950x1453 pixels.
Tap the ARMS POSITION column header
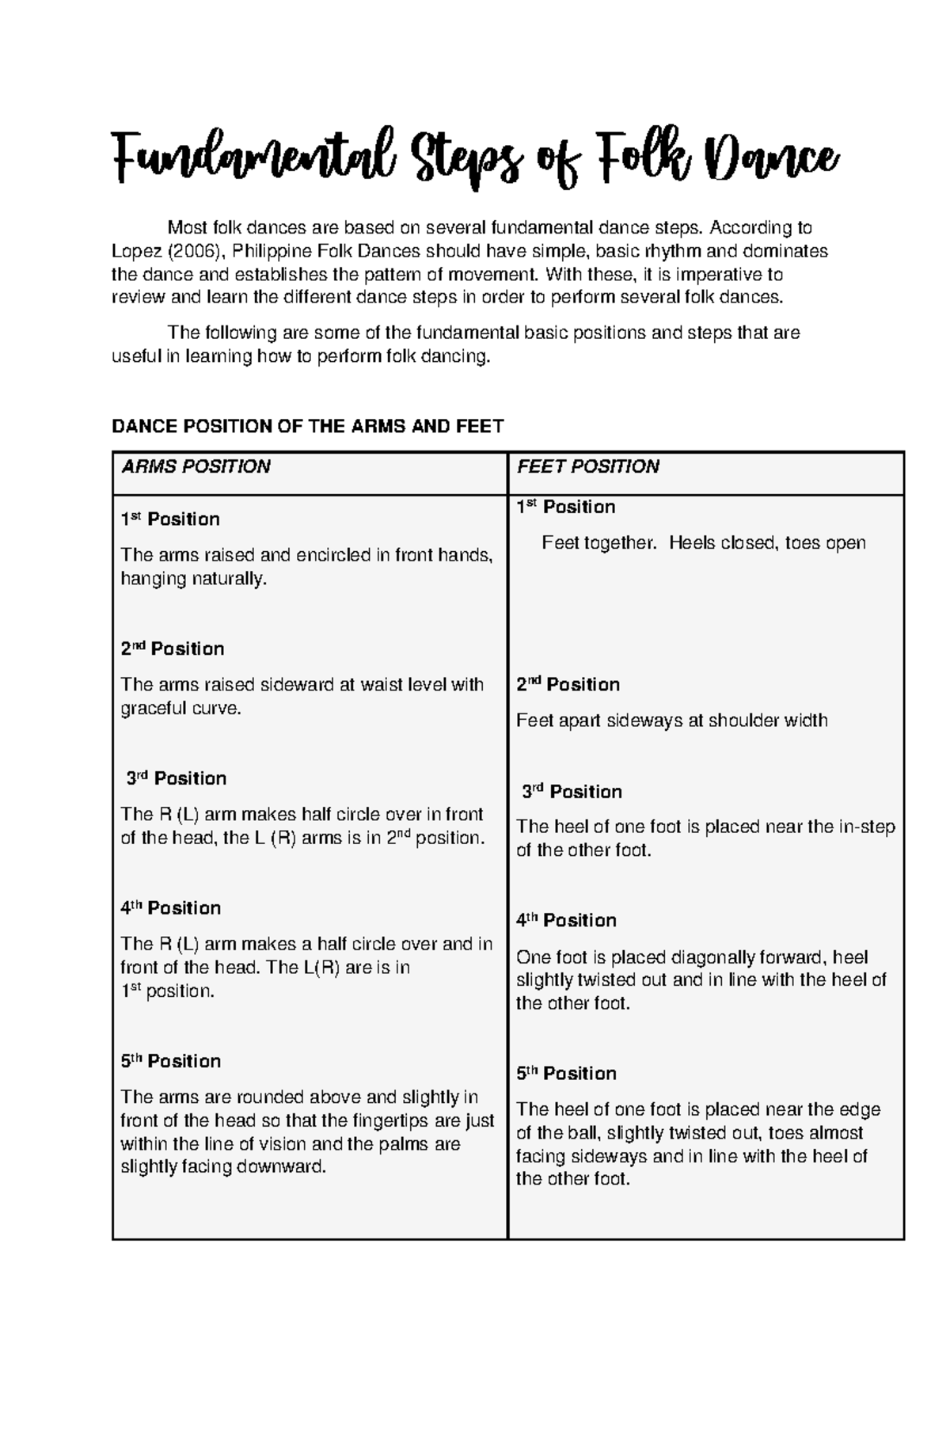(196, 467)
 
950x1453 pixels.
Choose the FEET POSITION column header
(587, 467)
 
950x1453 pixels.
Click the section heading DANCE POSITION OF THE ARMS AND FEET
(308, 427)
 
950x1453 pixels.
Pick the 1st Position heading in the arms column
(169, 519)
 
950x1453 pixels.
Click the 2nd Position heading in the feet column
(568, 685)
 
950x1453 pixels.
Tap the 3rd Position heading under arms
(177, 778)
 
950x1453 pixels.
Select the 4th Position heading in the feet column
(566, 921)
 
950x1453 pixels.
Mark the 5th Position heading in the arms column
(170, 1062)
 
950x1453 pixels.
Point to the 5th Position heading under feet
(566, 1074)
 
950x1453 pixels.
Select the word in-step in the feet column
(866, 827)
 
